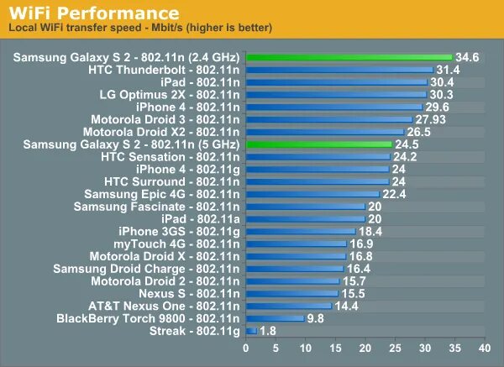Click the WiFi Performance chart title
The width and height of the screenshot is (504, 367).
94,13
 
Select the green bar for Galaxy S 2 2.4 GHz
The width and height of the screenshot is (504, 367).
349,57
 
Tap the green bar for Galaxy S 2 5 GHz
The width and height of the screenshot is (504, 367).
318,144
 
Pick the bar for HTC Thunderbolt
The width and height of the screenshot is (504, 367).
339,70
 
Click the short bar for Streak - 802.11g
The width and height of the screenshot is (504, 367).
250,331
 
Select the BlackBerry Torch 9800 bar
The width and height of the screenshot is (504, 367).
275,318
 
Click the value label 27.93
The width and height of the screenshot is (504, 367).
430,119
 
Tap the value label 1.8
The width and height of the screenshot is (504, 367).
268,331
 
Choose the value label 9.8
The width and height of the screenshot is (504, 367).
316,318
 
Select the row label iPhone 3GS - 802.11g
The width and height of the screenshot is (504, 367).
179,231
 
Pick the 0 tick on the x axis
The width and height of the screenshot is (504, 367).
246,348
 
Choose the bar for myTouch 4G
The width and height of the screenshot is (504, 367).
296,244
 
